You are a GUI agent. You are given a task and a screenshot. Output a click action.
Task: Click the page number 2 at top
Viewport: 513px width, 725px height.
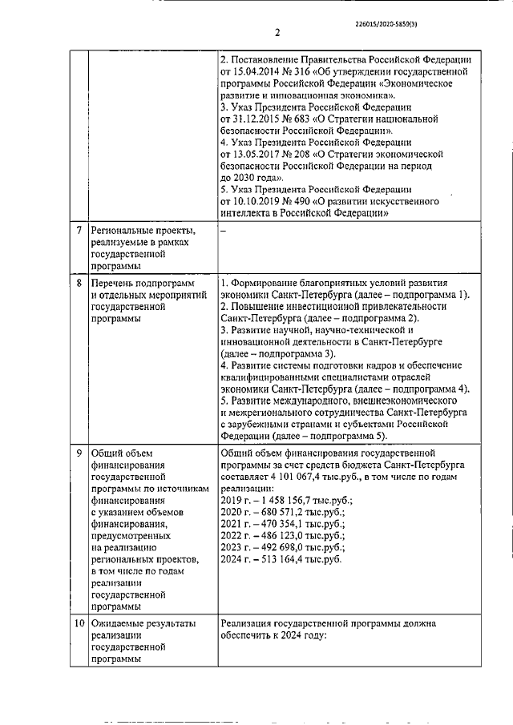tap(277, 33)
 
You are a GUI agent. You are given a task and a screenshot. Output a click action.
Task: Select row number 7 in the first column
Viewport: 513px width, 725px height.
tap(79, 231)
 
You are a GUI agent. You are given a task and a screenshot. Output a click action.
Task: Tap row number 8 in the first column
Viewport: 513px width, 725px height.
tap(79, 284)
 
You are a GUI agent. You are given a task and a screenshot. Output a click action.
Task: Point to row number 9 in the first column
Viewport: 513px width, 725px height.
tap(79, 453)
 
